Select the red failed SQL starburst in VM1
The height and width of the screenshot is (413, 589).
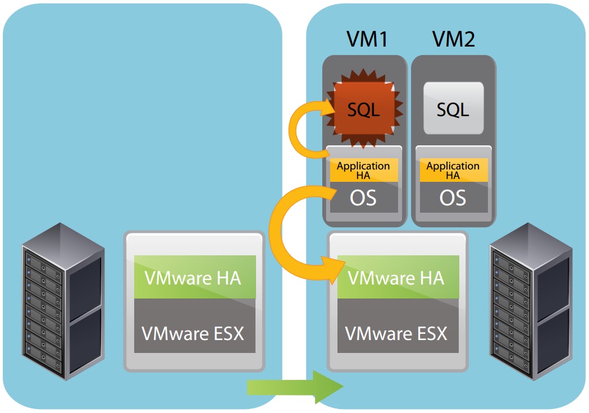point(363,109)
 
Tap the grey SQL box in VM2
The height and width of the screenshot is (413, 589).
point(453,109)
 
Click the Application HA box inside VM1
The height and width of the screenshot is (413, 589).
point(363,170)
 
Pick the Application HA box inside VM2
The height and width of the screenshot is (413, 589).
point(453,170)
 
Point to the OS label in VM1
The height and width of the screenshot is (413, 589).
point(363,198)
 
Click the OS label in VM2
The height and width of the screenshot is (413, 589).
point(453,198)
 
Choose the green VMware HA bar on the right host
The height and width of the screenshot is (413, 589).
point(396,277)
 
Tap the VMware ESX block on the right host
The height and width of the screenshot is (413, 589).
point(396,333)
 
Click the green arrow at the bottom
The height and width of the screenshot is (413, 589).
point(295,387)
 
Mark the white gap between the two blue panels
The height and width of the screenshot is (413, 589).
point(294,168)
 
